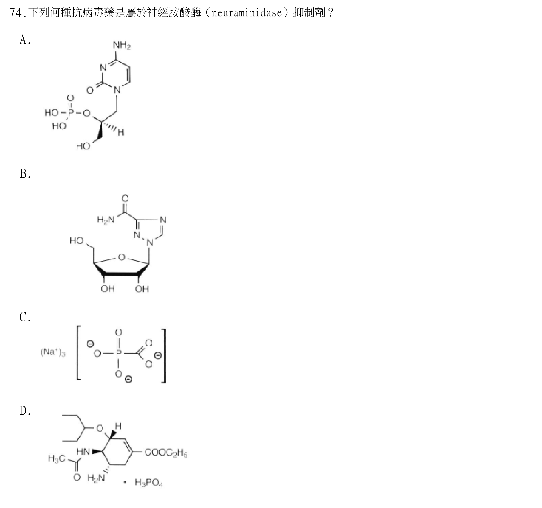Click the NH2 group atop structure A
pyautogui.click(x=122, y=46)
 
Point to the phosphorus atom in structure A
pyautogui.click(x=70, y=112)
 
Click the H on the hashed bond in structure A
pyautogui.click(x=121, y=132)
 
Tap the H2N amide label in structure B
pyautogui.click(x=106, y=220)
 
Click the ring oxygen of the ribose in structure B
pyautogui.click(x=122, y=257)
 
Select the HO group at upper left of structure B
pyautogui.click(x=77, y=240)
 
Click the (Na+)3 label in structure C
pyautogui.click(x=53, y=352)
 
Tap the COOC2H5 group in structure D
pyautogui.click(x=166, y=453)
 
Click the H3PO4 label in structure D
pyautogui.click(x=149, y=482)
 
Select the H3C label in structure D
pyautogui.click(x=57, y=458)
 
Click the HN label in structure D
pyautogui.click(x=83, y=452)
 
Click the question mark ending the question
pyautogui.click(x=331, y=13)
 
